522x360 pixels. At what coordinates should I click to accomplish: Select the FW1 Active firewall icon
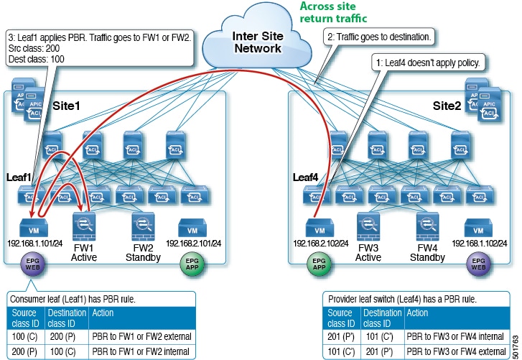click(84, 223)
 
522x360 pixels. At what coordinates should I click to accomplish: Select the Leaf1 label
click(16, 175)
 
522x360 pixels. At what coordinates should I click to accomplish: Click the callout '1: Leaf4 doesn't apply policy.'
click(428, 63)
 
